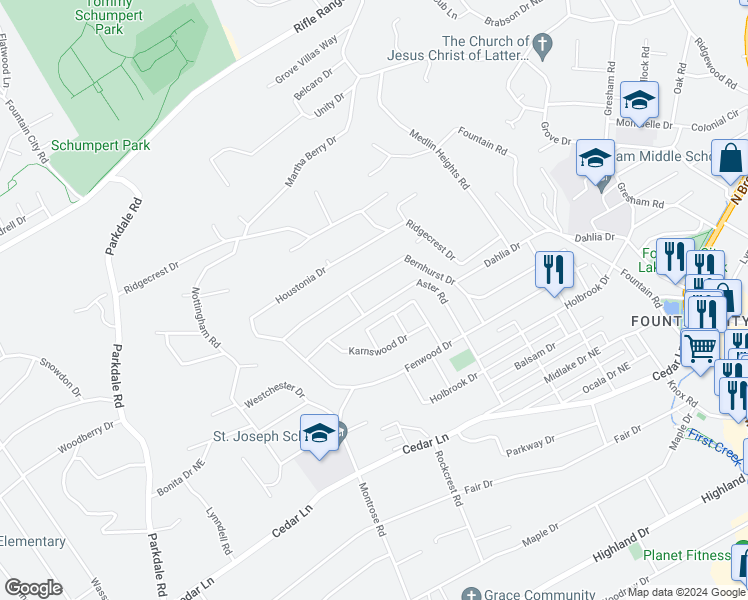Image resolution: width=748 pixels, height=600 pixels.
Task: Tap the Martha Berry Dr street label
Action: pyautogui.click(x=311, y=161)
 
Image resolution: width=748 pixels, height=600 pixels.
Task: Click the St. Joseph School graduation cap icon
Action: pyautogui.click(x=319, y=433)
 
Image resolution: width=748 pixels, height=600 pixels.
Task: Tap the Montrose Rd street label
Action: pyautogui.click(x=372, y=510)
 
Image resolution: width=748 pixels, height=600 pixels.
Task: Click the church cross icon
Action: pyautogui.click(x=542, y=44)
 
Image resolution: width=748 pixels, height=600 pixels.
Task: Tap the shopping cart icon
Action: pyautogui.click(x=701, y=349)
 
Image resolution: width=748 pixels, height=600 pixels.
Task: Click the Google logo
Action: pyautogui.click(x=33, y=588)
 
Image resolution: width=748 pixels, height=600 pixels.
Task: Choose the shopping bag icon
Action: pyautogui.click(x=731, y=158)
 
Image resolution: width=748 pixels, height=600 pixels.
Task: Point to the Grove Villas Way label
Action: pyautogui.click(x=307, y=63)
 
